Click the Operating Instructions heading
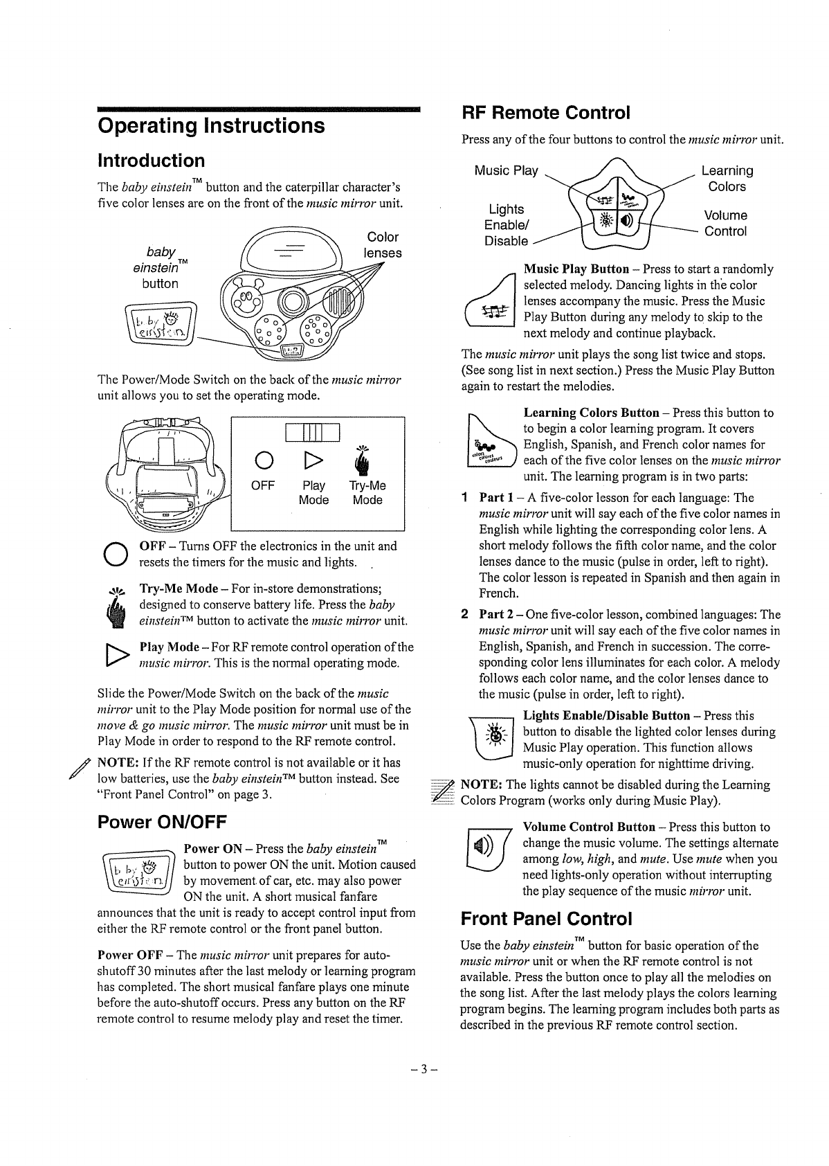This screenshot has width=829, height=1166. pyautogui.click(x=211, y=125)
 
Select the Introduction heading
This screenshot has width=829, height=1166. pyautogui.click(x=152, y=161)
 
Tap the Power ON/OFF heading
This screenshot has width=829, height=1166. pyautogui.click(x=162, y=822)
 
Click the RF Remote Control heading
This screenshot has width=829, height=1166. pyautogui.click(x=546, y=113)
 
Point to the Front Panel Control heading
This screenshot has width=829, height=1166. pyautogui.click(x=547, y=919)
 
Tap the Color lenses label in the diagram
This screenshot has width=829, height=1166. pyautogui.click(x=383, y=245)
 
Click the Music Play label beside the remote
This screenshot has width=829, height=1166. pyautogui.click(x=506, y=170)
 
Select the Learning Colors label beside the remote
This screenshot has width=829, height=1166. pyautogui.click(x=727, y=179)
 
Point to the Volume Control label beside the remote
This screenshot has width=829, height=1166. pyautogui.click(x=725, y=223)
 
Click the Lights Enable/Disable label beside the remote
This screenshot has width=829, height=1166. pyautogui.click(x=506, y=224)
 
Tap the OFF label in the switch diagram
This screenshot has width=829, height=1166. pyautogui.click(x=263, y=485)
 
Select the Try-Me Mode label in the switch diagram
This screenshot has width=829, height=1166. pyautogui.click(x=367, y=492)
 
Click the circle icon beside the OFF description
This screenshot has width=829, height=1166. pyautogui.click(x=113, y=553)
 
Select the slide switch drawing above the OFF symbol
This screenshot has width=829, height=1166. pyautogui.click(x=313, y=431)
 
